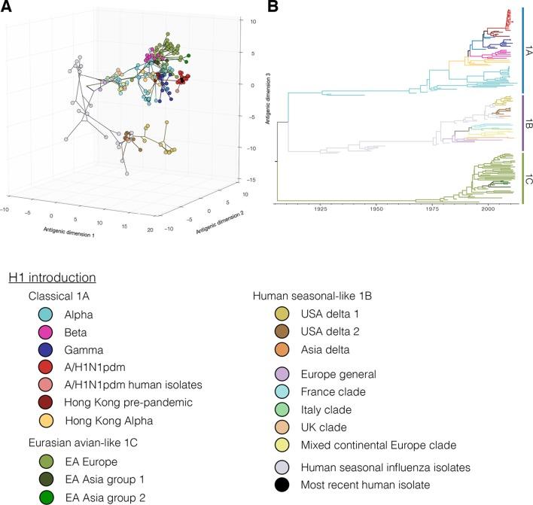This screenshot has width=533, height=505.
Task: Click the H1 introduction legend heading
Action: (51, 278)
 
